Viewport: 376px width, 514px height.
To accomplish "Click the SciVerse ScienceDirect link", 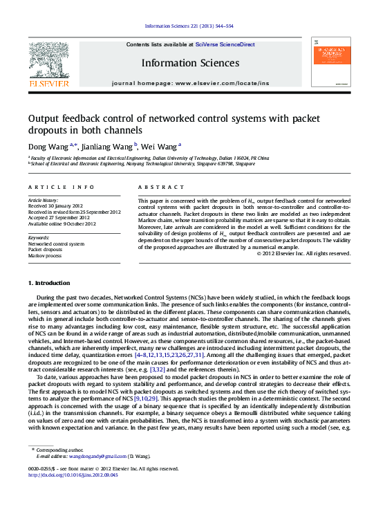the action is coord(225,44).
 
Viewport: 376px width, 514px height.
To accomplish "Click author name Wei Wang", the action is coord(160,146).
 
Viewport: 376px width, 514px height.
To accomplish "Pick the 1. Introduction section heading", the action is coord(48,284).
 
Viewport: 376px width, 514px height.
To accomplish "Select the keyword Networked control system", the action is coord(56,244).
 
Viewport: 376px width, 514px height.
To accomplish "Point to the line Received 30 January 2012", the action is coord(57,207).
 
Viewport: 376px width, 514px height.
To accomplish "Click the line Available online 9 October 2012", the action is coord(62,224).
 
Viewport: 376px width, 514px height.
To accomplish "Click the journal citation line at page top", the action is coord(189,26).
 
